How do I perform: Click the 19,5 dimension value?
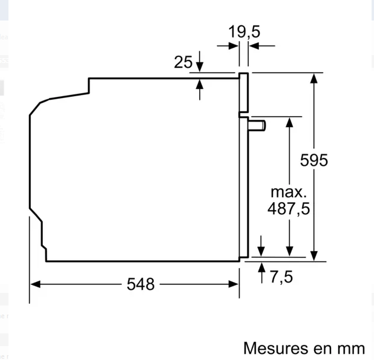point(244,32)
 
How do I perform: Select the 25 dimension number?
point(183,62)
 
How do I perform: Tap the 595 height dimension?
point(314,160)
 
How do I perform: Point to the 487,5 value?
point(289,209)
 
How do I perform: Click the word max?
point(289,192)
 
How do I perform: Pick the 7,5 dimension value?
point(281,277)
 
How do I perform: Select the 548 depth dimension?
point(140,284)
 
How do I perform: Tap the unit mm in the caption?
point(351,349)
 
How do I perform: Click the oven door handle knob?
point(257,125)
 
